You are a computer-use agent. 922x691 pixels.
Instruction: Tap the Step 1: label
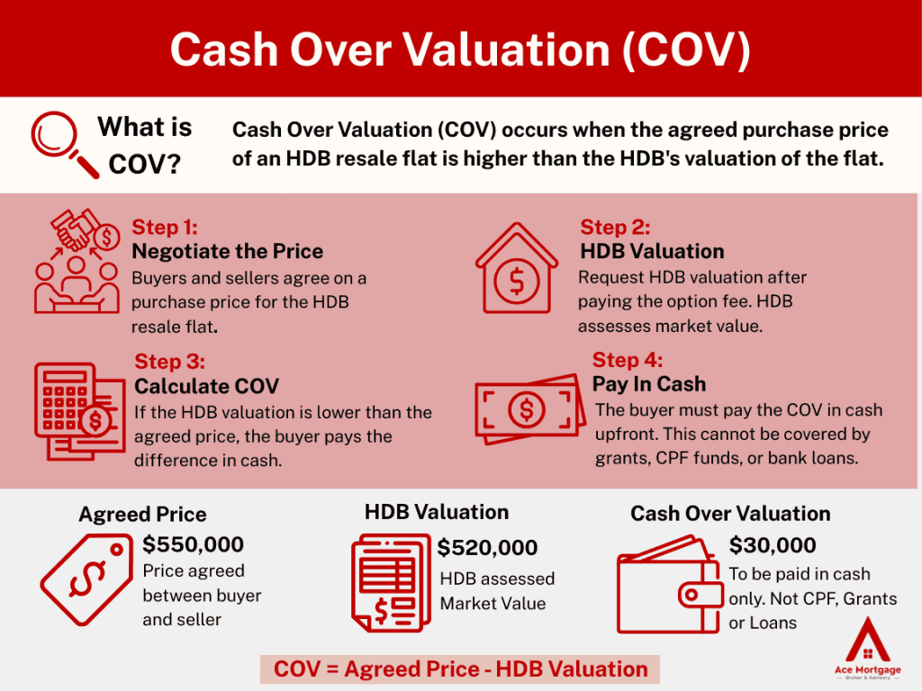coord(165,227)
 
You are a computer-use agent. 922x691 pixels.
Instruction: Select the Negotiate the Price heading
coord(228,251)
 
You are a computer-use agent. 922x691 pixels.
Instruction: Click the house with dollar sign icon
coord(516,268)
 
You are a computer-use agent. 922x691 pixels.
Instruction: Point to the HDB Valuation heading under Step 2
coord(652,251)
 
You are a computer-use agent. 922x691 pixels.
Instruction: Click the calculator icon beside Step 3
coord(79,410)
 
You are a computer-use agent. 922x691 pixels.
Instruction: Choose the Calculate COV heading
coord(206,386)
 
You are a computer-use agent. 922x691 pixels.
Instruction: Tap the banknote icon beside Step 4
coord(529,409)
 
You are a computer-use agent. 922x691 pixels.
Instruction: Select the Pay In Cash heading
coord(649,383)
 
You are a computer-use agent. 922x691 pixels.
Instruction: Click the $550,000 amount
coord(193,544)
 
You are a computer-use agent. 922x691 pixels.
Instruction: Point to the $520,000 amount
coord(487,548)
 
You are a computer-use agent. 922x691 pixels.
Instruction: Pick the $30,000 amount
coord(773,545)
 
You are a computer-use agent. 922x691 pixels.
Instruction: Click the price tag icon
coord(86,579)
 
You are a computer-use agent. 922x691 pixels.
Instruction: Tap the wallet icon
coord(669,584)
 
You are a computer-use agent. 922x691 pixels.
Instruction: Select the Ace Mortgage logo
coord(867,648)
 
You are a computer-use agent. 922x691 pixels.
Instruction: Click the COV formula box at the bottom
coord(460,669)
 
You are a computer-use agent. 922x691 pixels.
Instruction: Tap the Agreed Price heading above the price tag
coord(143,514)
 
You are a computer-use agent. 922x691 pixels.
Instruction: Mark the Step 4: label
coord(628,360)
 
